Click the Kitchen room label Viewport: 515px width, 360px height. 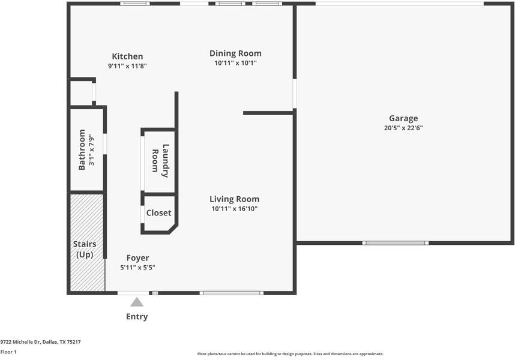(127, 56)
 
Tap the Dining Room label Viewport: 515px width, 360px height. (235, 53)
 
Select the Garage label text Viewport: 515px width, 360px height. (403, 118)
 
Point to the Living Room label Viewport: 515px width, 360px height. (234, 199)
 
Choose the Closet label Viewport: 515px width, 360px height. (159, 213)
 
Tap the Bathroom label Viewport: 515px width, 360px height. (82, 150)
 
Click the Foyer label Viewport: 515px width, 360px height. (137, 258)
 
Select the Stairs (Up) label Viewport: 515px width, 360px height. (85, 250)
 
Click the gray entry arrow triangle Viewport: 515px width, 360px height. (137, 302)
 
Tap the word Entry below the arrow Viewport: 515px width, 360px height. (137, 317)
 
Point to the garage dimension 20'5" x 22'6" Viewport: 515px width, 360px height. (403, 128)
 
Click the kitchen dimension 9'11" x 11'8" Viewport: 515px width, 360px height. (127, 66)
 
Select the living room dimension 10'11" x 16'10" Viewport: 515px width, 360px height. (234, 209)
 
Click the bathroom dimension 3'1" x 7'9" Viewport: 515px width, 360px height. (92, 150)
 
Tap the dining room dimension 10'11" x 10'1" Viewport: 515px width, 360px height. (235, 63)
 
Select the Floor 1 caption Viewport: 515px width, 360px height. (8, 352)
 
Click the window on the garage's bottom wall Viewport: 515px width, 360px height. (395, 243)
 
